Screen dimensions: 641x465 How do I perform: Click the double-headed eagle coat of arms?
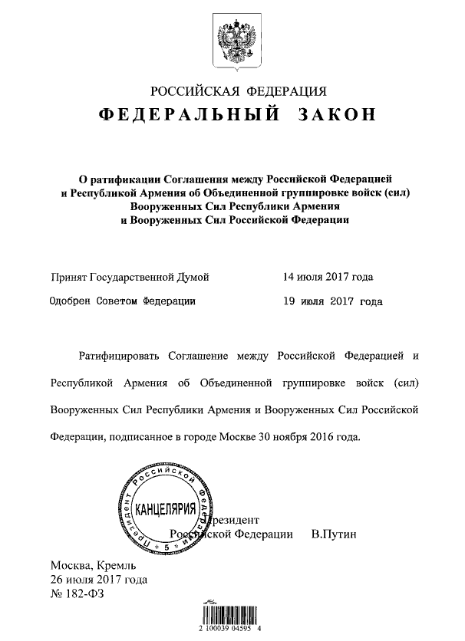click(232, 41)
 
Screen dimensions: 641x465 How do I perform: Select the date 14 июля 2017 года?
click(328, 277)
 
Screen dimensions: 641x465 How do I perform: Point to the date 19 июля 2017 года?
click(332, 302)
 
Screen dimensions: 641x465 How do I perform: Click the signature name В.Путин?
click(335, 534)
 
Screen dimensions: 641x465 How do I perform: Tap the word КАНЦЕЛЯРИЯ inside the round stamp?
click(163, 510)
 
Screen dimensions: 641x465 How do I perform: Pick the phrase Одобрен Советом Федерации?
click(123, 302)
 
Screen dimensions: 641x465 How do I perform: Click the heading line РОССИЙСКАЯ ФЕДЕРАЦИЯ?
click(232, 91)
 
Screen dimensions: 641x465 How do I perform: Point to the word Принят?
click(68, 277)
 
